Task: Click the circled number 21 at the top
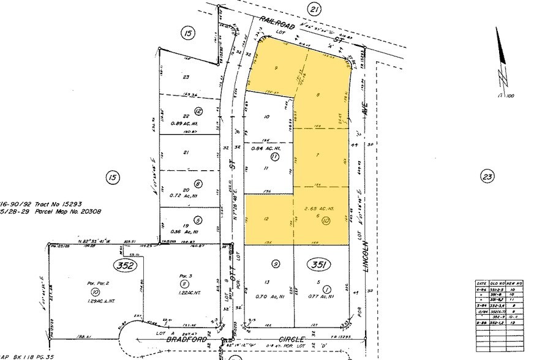[x=314, y=9]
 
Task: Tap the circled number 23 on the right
[x=487, y=178]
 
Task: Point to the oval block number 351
[x=318, y=264]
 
